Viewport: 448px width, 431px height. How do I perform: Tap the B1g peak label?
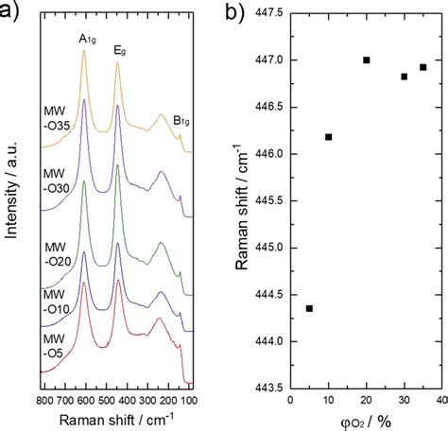point(181,120)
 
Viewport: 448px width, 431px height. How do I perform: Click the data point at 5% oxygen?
point(309,308)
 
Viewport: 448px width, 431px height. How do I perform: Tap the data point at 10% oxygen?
point(328,137)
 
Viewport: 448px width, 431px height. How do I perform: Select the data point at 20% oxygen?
point(366,60)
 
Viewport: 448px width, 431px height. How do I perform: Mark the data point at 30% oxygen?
point(405,77)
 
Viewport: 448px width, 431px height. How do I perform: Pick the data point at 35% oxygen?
point(422,67)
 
